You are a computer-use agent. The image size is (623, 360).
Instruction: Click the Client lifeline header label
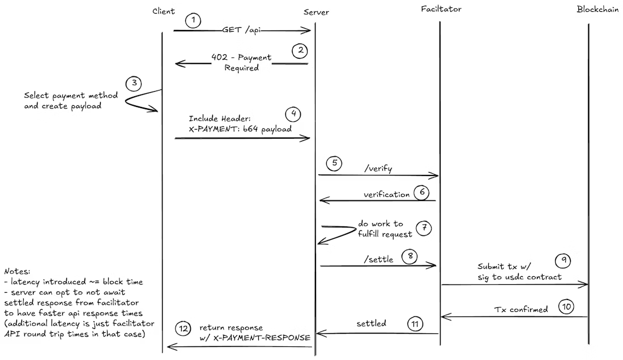click(x=164, y=11)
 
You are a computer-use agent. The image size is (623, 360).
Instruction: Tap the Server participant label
click(x=316, y=12)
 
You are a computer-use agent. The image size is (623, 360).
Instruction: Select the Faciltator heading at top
click(x=441, y=9)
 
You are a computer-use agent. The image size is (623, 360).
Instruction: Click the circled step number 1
click(x=193, y=21)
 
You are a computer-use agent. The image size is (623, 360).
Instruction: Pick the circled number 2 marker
click(x=300, y=50)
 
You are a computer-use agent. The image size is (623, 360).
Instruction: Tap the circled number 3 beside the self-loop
click(x=134, y=84)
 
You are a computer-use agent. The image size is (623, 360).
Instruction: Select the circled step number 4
click(x=293, y=114)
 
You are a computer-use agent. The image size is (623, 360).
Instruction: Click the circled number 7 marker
click(x=424, y=228)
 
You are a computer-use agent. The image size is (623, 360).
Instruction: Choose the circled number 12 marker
click(x=184, y=328)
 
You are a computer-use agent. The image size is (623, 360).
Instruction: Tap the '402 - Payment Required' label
click(x=241, y=62)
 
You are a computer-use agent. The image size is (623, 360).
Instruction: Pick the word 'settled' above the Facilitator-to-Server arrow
click(x=371, y=324)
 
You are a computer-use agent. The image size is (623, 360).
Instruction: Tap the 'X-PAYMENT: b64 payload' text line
click(x=240, y=128)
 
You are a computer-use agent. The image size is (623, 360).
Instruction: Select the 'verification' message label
click(x=386, y=194)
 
